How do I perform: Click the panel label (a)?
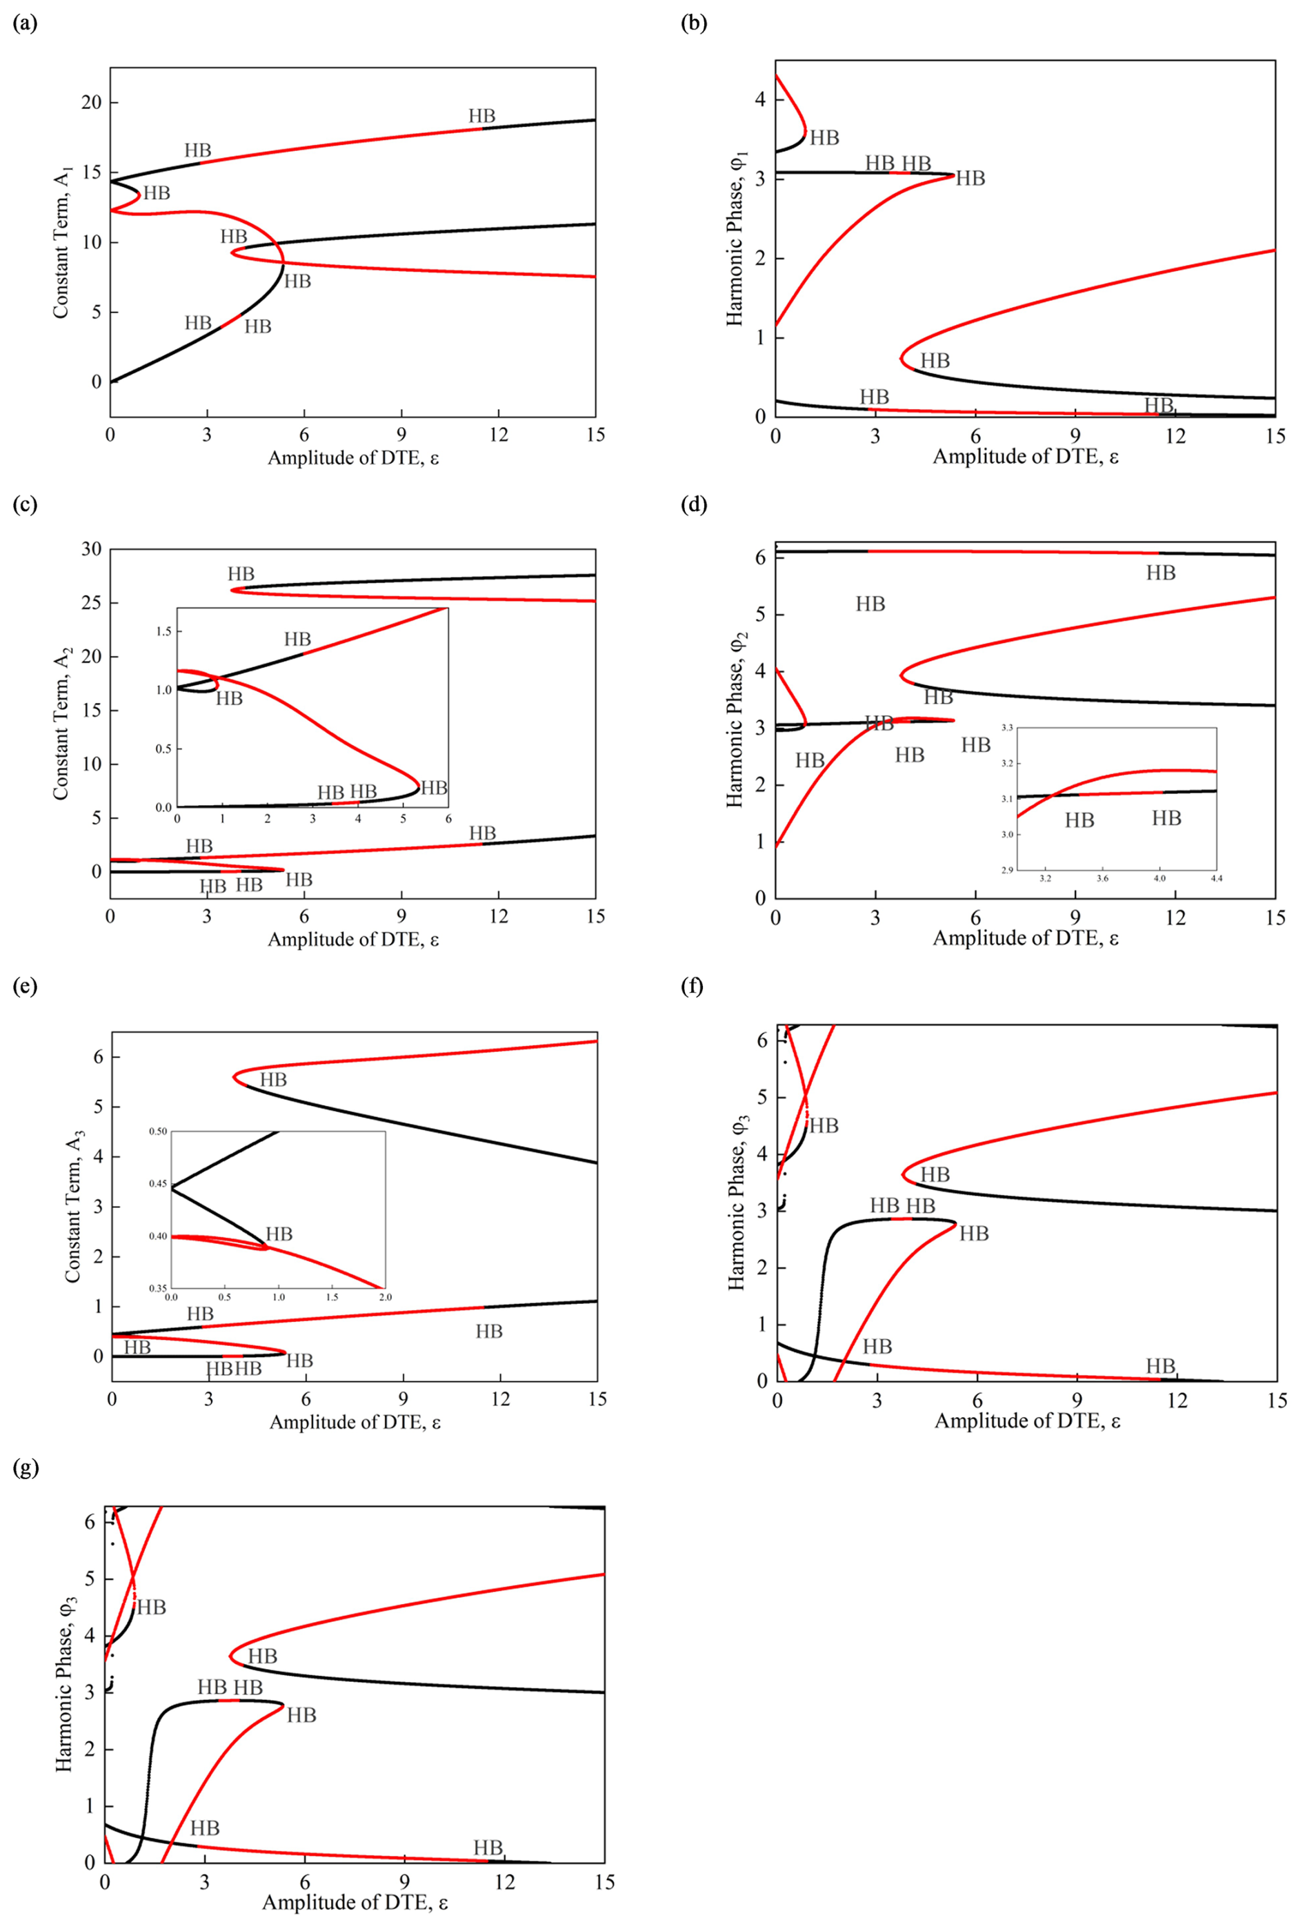point(25,24)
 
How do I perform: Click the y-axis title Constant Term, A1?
point(61,241)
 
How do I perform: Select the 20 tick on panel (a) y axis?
point(89,102)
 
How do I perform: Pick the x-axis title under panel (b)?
point(1026,457)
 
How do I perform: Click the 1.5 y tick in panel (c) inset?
point(163,632)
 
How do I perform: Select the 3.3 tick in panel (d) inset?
point(1006,727)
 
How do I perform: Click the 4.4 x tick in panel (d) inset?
point(1216,878)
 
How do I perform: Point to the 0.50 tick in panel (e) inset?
point(158,1131)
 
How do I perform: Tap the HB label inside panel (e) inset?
point(279,1234)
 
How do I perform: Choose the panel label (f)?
point(692,987)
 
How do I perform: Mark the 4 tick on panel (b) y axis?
point(759,99)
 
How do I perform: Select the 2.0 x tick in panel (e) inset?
point(385,1296)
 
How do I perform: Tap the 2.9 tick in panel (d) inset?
point(1006,870)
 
